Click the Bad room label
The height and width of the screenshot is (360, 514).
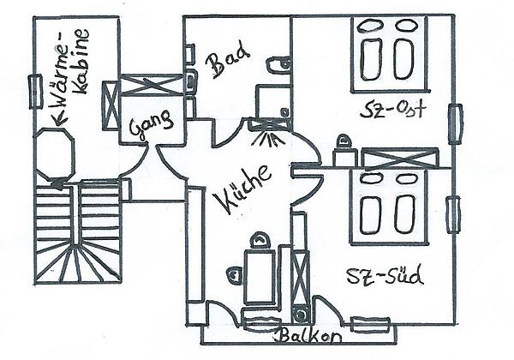click(228, 62)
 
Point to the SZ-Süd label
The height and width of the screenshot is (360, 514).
click(385, 276)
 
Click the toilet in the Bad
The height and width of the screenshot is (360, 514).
click(278, 64)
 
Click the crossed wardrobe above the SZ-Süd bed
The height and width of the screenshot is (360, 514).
click(400, 158)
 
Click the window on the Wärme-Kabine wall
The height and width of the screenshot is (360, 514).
click(34, 91)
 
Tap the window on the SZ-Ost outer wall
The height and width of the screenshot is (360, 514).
click(455, 123)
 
